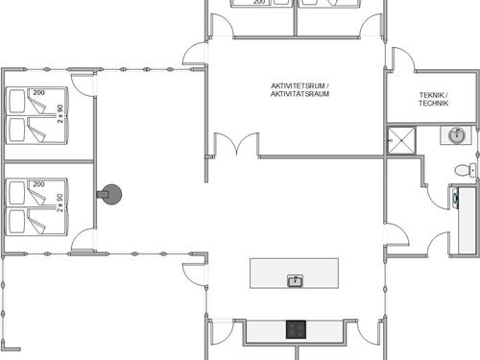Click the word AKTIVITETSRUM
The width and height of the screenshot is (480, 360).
(299, 85)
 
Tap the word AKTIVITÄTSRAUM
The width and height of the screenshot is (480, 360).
(299, 94)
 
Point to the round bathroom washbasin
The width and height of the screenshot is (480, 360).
(456, 137)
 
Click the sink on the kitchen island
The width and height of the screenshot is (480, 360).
(296, 280)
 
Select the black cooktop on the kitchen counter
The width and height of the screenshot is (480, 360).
(296, 329)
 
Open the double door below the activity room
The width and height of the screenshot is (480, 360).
(231, 147)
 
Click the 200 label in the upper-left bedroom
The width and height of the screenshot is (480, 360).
(39, 93)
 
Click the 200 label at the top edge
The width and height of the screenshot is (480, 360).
(259, 3)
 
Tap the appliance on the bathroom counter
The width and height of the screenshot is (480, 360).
(456, 198)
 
